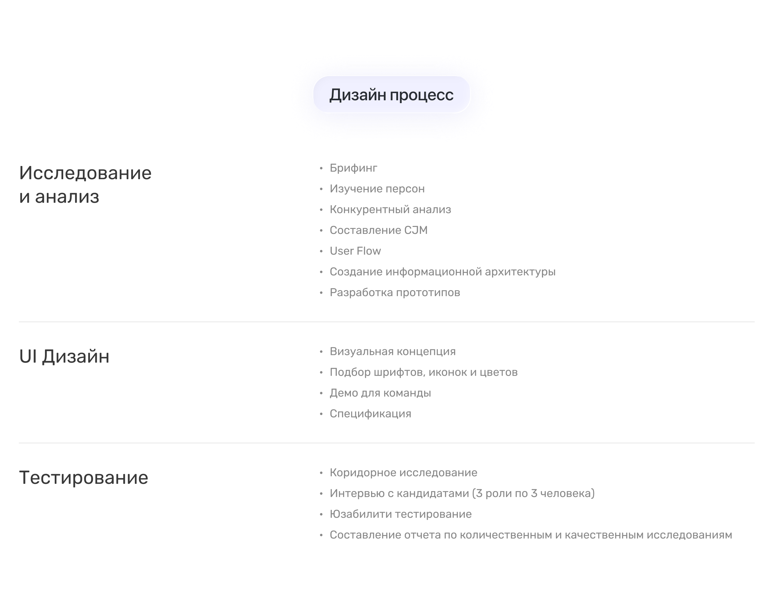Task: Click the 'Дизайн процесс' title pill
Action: [x=391, y=94]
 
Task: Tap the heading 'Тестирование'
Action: [x=84, y=478]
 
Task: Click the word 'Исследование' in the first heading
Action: [x=85, y=173]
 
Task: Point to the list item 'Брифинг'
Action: [x=353, y=168]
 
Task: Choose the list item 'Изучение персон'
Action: [x=377, y=189]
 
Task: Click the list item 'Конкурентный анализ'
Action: [x=391, y=209]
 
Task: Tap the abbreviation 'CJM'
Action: [x=416, y=230]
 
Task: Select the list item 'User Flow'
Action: [x=355, y=251]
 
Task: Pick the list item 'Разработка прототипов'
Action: [x=395, y=293]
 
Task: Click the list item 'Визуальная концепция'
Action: [x=392, y=352]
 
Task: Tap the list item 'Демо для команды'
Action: [x=380, y=393]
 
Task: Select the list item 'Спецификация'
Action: [x=370, y=414]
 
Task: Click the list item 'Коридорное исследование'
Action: [x=403, y=473]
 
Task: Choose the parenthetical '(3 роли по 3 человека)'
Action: [x=533, y=494]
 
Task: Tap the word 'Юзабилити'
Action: [x=361, y=514]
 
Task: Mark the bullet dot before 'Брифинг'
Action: [x=321, y=168]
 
